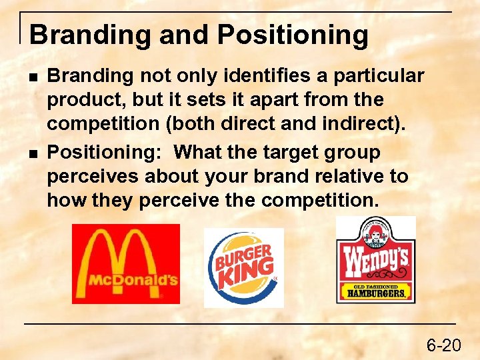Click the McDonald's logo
coord(125,263)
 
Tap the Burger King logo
coord(243,267)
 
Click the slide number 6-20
coord(443,345)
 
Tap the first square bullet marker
coord(33,77)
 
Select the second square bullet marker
coord(33,153)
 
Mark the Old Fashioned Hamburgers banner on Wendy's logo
coord(375,292)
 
